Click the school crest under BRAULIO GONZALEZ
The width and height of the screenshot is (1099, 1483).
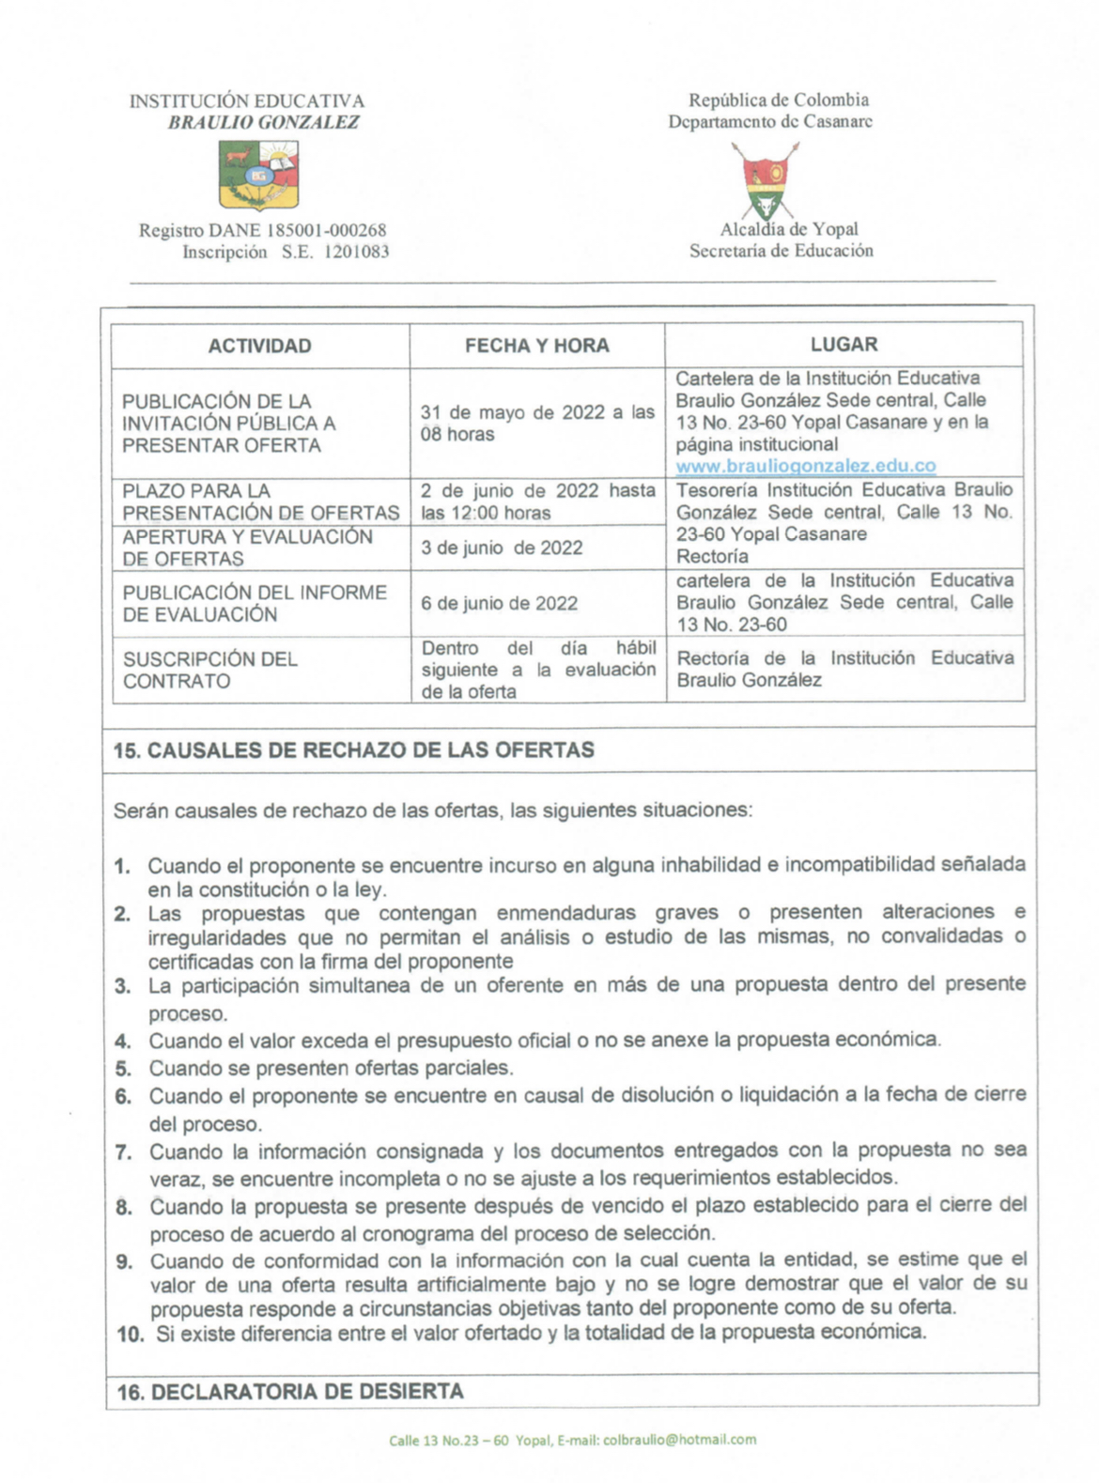tap(260, 175)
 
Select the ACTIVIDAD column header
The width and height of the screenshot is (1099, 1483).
tap(259, 346)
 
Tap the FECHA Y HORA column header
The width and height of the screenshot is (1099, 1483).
tap(536, 346)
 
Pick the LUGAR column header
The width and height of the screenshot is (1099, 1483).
tap(844, 345)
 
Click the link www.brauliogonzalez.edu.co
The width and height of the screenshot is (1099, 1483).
tap(806, 466)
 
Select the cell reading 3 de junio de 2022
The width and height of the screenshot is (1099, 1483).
tap(502, 548)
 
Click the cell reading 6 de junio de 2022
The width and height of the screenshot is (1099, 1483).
tap(499, 603)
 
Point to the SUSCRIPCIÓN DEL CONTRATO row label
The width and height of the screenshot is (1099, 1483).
tap(210, 670)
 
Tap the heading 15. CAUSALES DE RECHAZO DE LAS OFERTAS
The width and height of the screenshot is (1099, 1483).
tap(354, 750)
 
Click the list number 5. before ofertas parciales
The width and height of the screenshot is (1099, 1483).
tap(123, 1068)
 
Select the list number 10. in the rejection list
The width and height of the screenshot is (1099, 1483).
tap(131, 1334)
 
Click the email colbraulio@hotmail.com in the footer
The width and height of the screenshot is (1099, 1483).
tap(679, 1439)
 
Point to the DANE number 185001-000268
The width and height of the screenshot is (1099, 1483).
tap(326, 230)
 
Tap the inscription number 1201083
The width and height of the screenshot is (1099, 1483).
tap(356, 252)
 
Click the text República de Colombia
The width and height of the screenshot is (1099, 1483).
tap(778, 100)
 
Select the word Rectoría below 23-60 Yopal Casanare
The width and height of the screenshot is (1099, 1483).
tap(712, 556)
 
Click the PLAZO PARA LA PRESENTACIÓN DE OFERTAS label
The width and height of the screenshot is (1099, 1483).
tap(260, 502)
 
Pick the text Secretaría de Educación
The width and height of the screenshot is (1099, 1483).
tap(781, 251)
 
